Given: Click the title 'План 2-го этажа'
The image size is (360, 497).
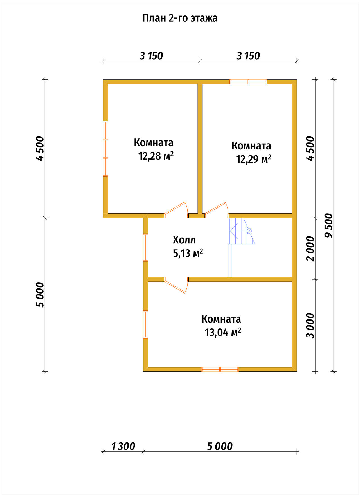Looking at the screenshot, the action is [180, 18].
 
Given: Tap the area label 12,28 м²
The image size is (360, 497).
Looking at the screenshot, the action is [156, 156].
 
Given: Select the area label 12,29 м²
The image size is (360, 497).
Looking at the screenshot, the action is [254, 159].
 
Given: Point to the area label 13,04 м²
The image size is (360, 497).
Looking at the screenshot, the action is [223, 333].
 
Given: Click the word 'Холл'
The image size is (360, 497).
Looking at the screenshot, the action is [184, 240].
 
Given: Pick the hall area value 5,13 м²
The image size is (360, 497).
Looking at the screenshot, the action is [188, 254].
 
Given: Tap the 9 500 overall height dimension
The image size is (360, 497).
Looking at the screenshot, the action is [328, 225].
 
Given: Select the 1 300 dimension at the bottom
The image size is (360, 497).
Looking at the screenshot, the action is [123, 446].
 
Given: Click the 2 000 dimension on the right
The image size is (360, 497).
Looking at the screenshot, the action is [310, 249].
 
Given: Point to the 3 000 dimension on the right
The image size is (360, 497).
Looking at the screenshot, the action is [310, 325].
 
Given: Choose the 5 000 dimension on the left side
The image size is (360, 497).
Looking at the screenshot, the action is [40, 295].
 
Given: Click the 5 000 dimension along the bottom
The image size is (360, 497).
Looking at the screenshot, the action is [220, 446].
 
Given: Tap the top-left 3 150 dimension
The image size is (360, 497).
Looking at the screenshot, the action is [151, 56].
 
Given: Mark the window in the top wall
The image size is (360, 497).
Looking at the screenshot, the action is [248, 82].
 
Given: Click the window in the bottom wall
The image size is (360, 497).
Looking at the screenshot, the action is [220, 369].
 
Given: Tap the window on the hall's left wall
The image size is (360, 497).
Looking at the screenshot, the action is [145, 248].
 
